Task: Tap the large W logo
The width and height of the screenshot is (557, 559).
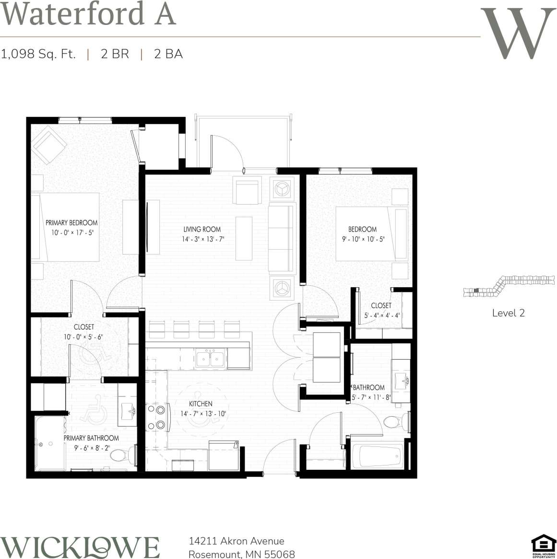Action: (518, 34)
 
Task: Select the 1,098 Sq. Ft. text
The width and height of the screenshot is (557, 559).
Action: (38, 54)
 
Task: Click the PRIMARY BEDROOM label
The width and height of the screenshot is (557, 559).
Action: (71, 222)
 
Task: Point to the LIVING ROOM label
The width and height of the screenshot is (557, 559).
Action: (202, 229)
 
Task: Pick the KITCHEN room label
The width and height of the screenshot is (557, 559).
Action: (201, 404)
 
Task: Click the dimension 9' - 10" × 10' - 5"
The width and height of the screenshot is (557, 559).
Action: (363, 239)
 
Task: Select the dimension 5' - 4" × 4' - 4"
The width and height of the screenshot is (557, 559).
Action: (382, 315)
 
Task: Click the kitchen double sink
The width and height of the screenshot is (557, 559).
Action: (210, 359)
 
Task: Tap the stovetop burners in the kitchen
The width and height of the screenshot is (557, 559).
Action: (156, 417)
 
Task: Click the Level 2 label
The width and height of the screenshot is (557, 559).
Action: (509, 313)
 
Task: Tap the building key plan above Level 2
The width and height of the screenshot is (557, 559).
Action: (509, 286)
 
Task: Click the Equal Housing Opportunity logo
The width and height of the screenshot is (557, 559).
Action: (543, 546)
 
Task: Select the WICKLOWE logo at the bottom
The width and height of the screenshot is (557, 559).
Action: (80, 547)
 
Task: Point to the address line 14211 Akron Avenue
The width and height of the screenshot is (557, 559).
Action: (237, 541)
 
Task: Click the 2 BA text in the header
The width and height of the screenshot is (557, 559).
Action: (168, 54)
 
